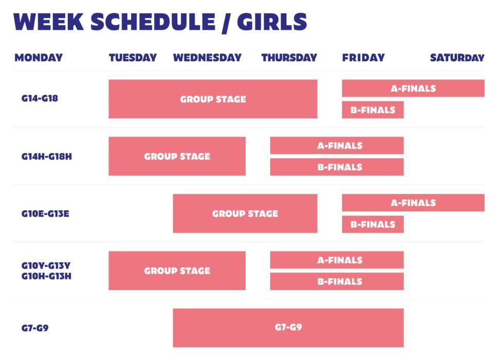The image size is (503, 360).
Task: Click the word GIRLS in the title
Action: [272, 22]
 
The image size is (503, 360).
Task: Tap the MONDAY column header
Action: [39, 58]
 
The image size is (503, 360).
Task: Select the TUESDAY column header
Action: [133, 58]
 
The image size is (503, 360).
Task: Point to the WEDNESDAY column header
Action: [207, 58]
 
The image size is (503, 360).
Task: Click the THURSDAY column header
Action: [289, 58]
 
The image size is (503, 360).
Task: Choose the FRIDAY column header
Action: [363, 58]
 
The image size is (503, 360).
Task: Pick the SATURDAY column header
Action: [457, 58]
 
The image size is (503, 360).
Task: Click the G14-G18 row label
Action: [40, 98]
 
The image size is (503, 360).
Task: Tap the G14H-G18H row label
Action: [47, 156]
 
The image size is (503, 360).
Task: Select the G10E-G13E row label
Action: [45, 213]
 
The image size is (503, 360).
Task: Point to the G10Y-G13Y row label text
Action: [46, 265]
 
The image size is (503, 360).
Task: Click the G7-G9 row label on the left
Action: [35, 328]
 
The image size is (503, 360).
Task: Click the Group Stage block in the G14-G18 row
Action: [213, 99]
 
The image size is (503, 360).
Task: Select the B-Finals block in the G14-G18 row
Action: [373, 110]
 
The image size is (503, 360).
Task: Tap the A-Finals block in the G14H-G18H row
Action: [337, 146]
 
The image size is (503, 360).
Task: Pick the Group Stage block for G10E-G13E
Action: [245, 213]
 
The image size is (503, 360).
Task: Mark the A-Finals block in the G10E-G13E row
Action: [413, 203]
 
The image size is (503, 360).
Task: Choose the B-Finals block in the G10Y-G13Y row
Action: [337, 281]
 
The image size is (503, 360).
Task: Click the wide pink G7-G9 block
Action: [288, 328]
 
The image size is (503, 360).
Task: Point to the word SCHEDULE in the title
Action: [153, 22]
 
